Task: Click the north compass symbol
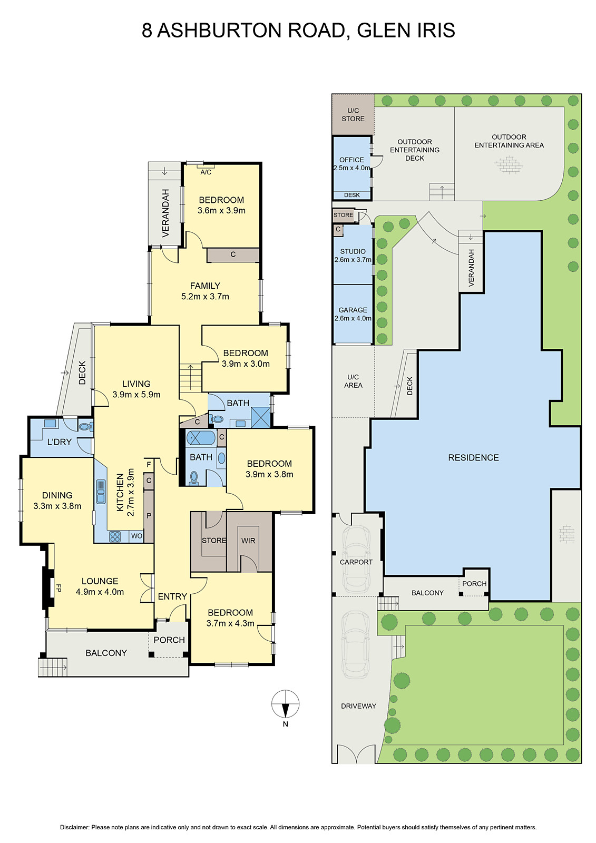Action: (285, 704)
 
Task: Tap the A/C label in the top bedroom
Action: (206, 172)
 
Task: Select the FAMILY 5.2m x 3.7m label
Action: (205, 291)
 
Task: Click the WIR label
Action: (248, 541)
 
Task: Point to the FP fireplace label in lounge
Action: (58, 588)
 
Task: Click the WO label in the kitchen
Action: (136, 536)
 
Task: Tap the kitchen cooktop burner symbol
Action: (115, 536)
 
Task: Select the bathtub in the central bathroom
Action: (201, 438)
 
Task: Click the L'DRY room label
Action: (59, 442)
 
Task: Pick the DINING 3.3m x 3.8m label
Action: (57, 501)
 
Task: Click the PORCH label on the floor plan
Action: (169, 640)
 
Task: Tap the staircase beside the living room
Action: (190, 377)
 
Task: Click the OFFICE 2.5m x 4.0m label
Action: (351, 163)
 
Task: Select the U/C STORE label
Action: (353, 114)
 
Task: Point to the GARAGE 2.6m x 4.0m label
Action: (353, 314)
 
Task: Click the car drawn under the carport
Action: (356, 560)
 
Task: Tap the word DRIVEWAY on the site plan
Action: (358, 706)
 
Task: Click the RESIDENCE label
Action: (473, 458)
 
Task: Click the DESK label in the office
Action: (351, 195)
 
